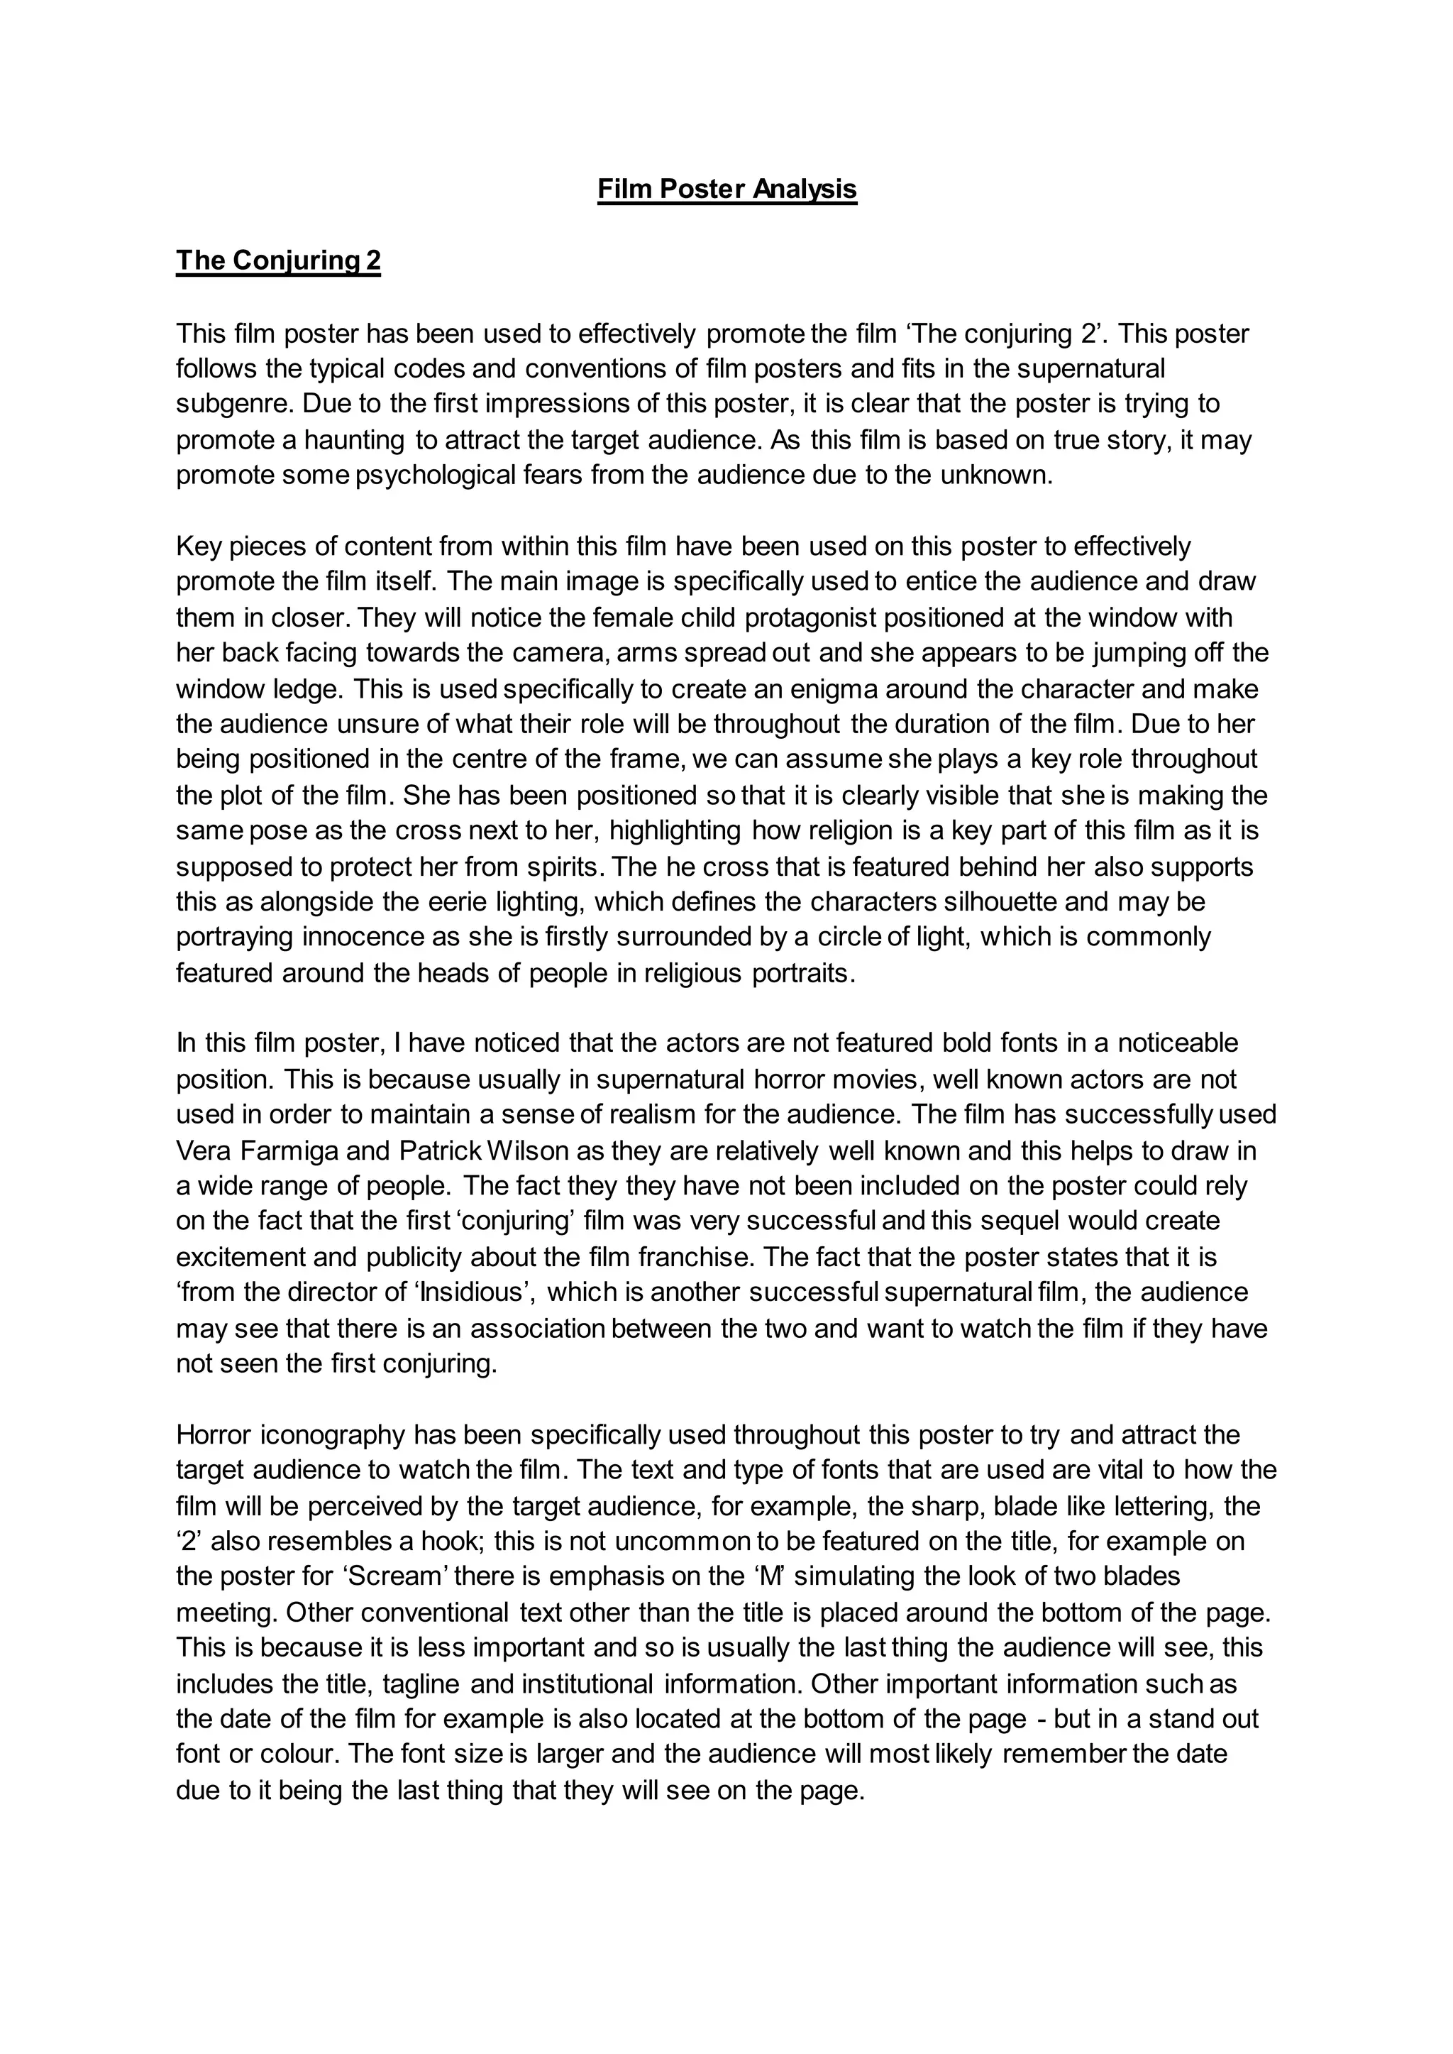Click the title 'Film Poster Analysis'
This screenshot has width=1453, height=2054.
pyautogui.click(x=726, y=190)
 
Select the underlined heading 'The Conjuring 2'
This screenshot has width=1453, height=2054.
pyautogui.click(x=278, y=260)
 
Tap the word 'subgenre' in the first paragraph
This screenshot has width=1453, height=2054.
pyautogui.click(x=234, y=405)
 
